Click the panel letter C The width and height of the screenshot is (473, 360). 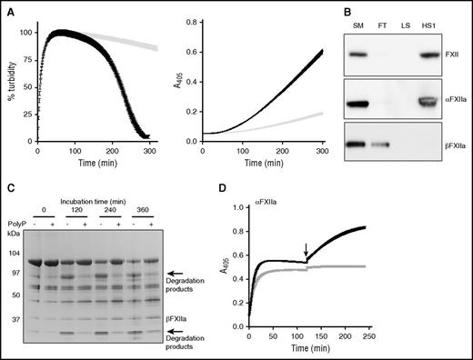(x=8, y=189)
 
